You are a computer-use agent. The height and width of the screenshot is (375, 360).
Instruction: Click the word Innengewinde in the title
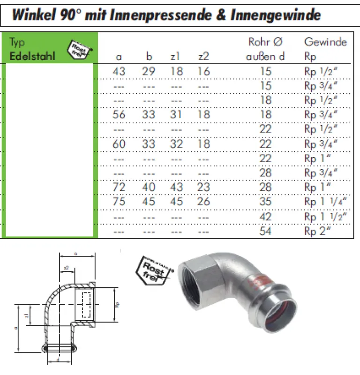pyautogui.click(x=276, y=15)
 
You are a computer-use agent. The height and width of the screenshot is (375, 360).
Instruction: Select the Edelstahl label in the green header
pyautogui.click(x=32, y=56)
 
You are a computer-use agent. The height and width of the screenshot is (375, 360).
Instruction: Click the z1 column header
pyautogui.click(x=176, y=57)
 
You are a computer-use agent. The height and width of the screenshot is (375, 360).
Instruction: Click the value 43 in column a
pyautogui.click(x=119, y=71)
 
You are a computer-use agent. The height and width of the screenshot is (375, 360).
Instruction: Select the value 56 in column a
pyautogui.click(x=119, y=114)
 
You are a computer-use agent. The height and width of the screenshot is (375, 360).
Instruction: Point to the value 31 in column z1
pyautogui.click(x=176, y=114)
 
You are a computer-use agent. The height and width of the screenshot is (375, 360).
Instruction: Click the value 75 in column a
pyautogui.click(x=119, y=202)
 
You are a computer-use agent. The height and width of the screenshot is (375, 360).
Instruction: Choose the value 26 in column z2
pyautogui.click(x=204, y=202)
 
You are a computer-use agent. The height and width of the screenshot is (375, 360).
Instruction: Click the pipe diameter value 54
pyautogui.click(x=266, y=231)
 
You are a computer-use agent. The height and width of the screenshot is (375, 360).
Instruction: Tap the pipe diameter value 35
pyautogui.click(x=266, y=202)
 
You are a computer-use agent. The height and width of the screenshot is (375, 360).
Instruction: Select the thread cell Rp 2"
pyautogui.click(x=317, y=231)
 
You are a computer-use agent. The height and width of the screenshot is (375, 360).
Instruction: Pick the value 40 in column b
pyautogui.click(x=148, y=187)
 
